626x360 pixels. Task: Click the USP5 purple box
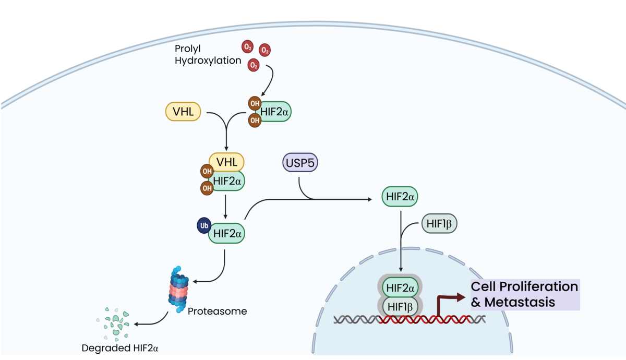300,164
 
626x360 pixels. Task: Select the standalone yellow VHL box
183,112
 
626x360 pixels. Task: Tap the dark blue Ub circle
203,226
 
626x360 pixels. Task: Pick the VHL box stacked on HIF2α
226,162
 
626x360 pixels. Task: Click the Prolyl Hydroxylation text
208,54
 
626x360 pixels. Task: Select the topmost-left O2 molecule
247,47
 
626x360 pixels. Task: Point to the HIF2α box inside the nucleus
399,287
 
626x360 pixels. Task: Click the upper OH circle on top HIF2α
255,103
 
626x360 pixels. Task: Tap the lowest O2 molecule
254,65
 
